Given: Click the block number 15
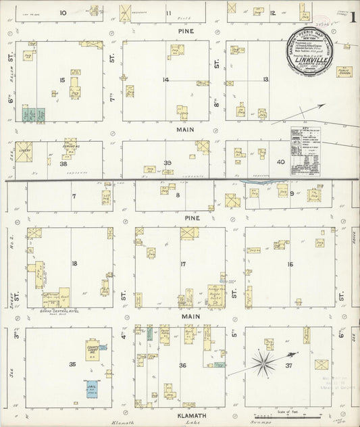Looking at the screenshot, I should [x=61, y=80].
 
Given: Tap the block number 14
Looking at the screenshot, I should [x=165, y=80].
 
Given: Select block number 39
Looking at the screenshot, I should [x=167, y=162].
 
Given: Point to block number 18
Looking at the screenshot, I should [x=74, y=263].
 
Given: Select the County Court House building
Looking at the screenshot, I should [x=94, y=350].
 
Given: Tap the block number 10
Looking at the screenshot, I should [x=63, y=12].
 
